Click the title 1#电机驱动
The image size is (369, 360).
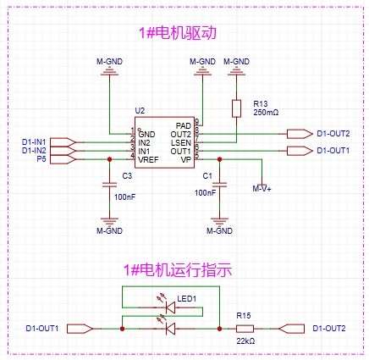pyautogui.click(x=178, y=33)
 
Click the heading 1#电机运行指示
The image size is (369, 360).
pyautogui.click(x=178, y=270)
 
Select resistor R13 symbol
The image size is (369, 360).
pyautogui.click(x=236, y=108)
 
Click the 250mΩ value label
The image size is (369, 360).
pyautogui.click(x=266, y=113)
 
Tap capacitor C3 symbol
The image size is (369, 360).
pyautogui.click(x=109, y=185)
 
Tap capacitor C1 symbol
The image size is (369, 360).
pyautogui.click(x=219, y=185)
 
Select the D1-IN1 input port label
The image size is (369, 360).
pyautogui.click(x=34, y=141)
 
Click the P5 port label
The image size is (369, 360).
pyautogui.click(x=41, y=159)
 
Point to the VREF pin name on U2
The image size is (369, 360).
pyautogui.click(x=148, y=160)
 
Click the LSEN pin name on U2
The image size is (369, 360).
pyautogui.click(x=181, y=143)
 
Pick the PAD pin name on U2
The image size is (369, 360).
pyautogui.click(x=184, y=125)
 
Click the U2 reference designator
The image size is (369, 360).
pyautogui.click(x=140, y=111)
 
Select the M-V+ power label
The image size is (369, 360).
pyautogui.click(x=262, y=189)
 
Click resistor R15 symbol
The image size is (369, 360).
pyautogui.click(x=245, y=329)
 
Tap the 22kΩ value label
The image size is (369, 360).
pyautogui.click(x=245, y=341)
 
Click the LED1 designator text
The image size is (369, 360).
pyautogui.click(x=187, y=298)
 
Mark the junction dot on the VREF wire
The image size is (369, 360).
pyautogui.click(x=109, y=159)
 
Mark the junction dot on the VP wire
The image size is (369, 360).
pyautogui.click(x=219, y=159)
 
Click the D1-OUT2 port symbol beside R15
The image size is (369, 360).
pyautogui.click(x=291, y=329)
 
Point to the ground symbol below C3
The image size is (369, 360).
pyautogui.click(x=109, y=221)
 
